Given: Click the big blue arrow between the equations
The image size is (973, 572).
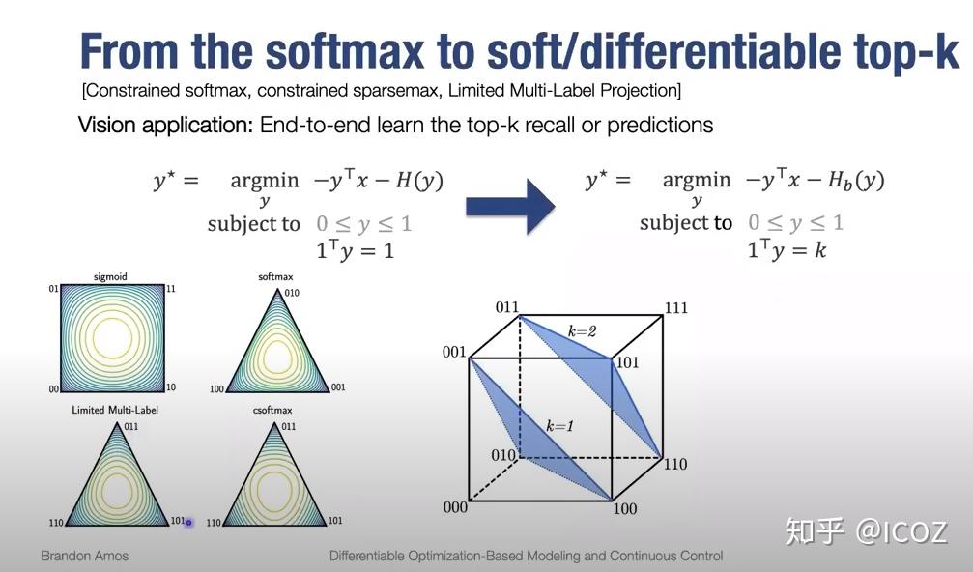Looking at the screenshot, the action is [510, 206].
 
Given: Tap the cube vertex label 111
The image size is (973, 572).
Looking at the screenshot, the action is [675, 307].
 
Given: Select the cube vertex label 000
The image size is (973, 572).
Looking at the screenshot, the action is [455, 507].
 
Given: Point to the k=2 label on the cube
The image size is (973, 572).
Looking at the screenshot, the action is [582, 331].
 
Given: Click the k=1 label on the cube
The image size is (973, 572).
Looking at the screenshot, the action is [559, 425].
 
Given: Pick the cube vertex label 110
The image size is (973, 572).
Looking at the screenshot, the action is [675, 464].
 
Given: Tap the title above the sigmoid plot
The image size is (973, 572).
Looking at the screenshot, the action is [110, 276].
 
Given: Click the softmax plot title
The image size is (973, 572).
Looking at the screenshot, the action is [275, 276].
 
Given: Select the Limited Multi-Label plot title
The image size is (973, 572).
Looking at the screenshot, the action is [115, 410].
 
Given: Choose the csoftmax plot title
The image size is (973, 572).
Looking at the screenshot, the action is [272, 410].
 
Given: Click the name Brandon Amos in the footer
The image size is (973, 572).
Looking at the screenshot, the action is [84, 556].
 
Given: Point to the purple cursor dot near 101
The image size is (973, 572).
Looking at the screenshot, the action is [188, 523].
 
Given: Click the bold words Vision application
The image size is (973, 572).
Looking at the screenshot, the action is [165, 125].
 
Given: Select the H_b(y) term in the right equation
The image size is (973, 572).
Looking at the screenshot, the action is [856, 181].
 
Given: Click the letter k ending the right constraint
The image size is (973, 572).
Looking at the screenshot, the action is [819, 250].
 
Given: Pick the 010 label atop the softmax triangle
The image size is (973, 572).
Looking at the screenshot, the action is [292, 293].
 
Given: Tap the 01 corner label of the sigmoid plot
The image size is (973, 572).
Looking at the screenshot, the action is [54, 289].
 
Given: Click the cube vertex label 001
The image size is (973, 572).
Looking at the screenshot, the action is [453, 352].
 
